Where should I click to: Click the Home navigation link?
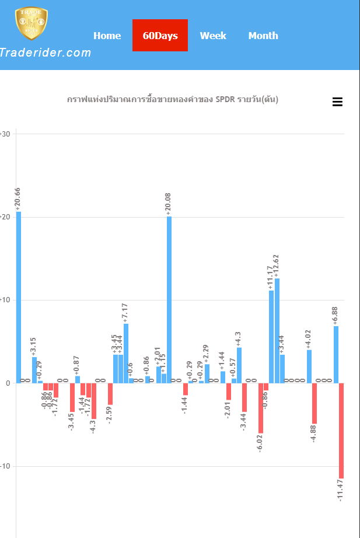tap(107, 36)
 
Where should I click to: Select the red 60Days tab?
tap(160, 36)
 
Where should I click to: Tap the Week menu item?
tap(213, 36)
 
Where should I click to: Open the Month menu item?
tap(263, 36)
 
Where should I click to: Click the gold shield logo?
tap(31, 23)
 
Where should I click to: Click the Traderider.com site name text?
tap(45, 53)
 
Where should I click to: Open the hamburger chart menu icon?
tap(337, 102)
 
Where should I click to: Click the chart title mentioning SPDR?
tap(173, 100)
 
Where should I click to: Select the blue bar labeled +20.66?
tap(19, 297)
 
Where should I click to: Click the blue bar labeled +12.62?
tap(277, 330)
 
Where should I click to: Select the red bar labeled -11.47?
tap(341, 431)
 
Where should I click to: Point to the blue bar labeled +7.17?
tap(126, 353)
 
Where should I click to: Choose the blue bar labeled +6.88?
tap(336, 354)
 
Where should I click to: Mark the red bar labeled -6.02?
tap(261, 408)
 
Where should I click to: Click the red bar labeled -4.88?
tap(314, 403)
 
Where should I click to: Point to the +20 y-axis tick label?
tap(5, 217)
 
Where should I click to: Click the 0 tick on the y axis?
tap(8, 383)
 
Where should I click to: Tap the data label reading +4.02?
tap(309, 339)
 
